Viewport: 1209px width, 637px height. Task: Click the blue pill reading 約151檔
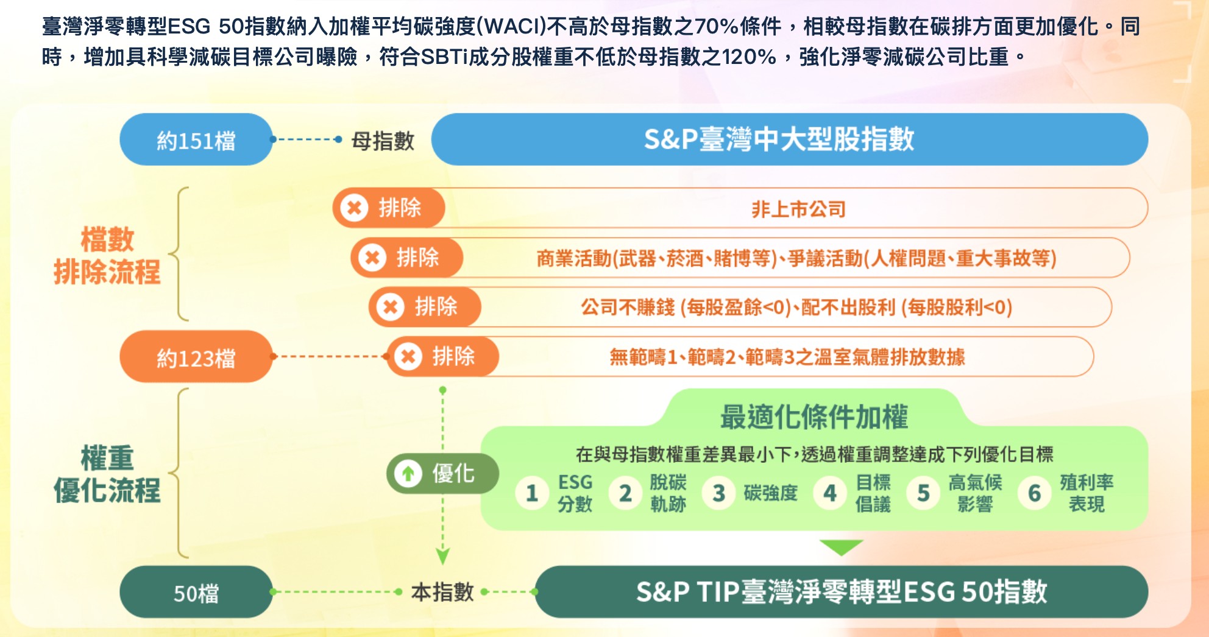(x=196, y=140)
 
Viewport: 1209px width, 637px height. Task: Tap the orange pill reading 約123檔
(x=196, y=357)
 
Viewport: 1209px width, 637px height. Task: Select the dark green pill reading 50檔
(x=196, y=593)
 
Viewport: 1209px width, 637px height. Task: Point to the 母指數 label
(x=383, y=141)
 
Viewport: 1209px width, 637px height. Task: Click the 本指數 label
(x=442, y=592)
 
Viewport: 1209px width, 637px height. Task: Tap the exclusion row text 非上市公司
(x=798, y=209)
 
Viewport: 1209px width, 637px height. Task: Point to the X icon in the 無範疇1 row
(x=408, y=356)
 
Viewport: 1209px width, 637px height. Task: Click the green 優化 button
(x=442, y=473)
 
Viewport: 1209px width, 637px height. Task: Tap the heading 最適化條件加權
(x=814, y=417)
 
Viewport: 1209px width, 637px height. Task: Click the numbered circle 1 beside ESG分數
(x=531, y=493)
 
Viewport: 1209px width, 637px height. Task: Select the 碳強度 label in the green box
(x=770, y=493)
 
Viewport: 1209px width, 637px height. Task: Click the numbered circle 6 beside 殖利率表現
(x=1034, y=493)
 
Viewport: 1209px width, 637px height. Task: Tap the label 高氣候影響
(x=974, y=493)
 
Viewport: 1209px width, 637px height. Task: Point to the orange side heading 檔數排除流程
(x=107, y=256)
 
